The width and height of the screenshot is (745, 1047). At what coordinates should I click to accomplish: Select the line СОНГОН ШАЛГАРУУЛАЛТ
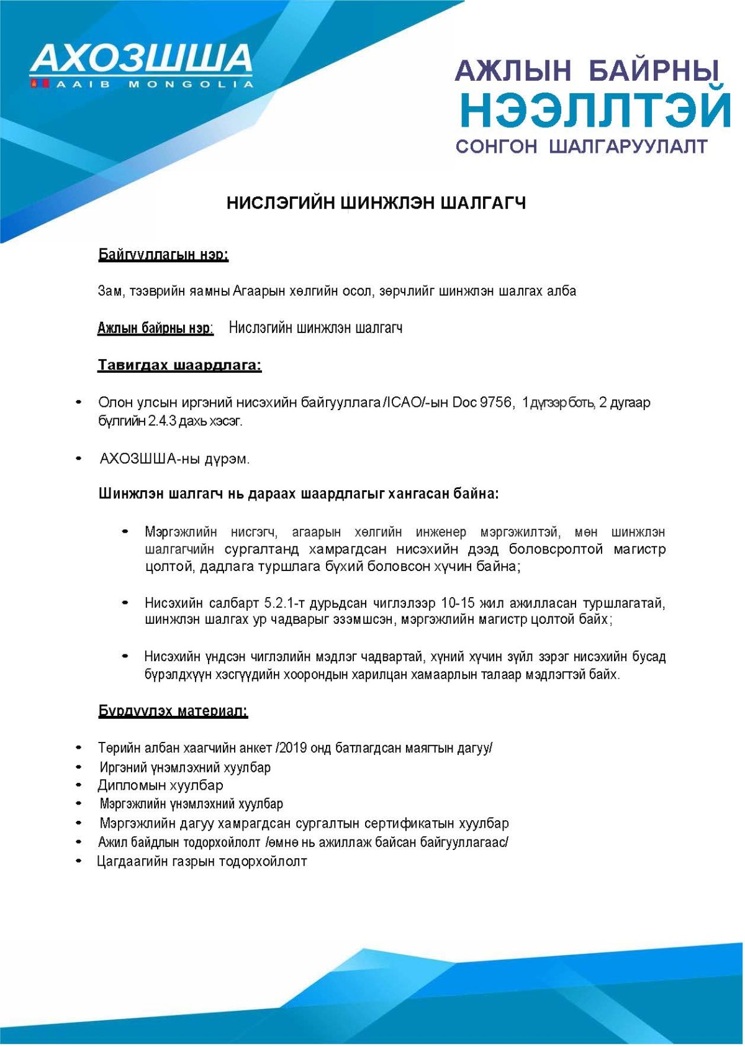click(x=582, y=147)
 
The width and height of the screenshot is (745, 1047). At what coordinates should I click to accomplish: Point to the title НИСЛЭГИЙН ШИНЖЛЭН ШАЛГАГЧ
click(x=376, y=203)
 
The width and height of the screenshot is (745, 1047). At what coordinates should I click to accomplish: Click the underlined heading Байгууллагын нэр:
click(x=163, y=255)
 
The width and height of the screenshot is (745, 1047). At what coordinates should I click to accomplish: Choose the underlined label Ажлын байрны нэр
click(x=155, y=328)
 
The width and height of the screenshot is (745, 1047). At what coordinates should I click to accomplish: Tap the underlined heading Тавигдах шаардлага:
click(x=179, y=365)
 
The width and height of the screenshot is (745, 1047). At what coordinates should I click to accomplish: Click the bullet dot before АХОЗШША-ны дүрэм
click(x=79, y=459)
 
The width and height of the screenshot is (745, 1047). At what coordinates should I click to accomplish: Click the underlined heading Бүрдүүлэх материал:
click(x=173, y=711)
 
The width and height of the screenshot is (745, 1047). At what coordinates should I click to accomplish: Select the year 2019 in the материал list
click(x=294, y=748)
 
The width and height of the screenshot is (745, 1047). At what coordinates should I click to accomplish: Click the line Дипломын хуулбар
click(x=160, y=785)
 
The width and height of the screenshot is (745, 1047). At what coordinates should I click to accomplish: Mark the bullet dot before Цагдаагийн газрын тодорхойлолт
click(x=79, y=861)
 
